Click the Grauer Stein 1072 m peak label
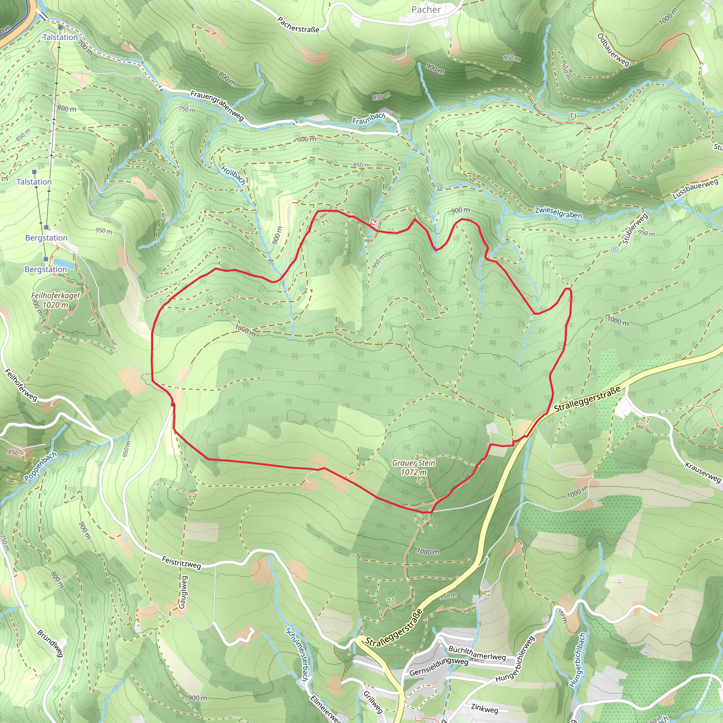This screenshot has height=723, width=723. click(413, 467)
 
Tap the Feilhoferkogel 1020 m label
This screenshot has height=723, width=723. click(55, 300)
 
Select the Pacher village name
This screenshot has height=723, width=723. click(426, 10)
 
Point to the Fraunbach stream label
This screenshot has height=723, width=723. click(369, 118)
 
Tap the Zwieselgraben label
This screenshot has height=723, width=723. click(558, 212)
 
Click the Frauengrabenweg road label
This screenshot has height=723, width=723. click(217, 106)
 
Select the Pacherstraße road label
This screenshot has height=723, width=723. click(298, 24)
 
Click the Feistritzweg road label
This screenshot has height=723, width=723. click(181, 562)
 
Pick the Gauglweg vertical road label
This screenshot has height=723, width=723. click(183, 592)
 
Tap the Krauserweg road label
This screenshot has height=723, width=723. click(703, 472)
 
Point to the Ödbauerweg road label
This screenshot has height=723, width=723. click(613, 50)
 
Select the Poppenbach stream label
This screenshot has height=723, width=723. click(40, 466)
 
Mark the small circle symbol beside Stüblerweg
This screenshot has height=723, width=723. click(616, 249)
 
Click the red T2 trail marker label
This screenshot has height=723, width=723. click(373, 222)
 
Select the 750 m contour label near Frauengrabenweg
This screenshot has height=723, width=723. click(187, 110)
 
